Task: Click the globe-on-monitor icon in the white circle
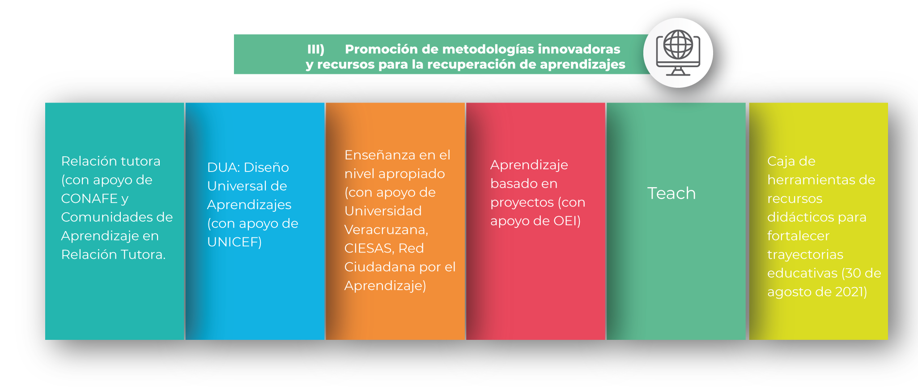(678, 52)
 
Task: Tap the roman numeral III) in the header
(316, 49)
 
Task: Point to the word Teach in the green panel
(671, 193)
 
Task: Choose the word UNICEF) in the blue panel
(234, 242)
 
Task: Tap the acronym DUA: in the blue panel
(224, 167)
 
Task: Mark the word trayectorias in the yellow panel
(805, 255)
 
